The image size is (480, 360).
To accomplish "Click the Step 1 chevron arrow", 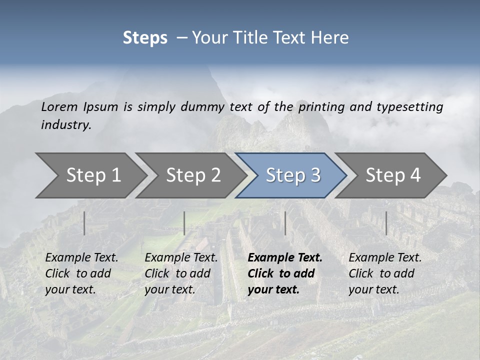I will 93,175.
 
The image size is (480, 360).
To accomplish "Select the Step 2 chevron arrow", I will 193,175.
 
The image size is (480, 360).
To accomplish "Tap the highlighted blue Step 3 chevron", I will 292,175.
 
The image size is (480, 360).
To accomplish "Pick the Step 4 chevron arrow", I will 392,175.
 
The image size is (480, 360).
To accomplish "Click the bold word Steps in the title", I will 145,38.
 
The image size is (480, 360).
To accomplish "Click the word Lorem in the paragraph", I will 59,106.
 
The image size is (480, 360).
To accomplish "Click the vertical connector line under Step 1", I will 84,223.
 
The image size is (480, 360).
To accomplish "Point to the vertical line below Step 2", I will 184,223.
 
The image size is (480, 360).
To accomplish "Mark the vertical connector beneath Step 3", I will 285,223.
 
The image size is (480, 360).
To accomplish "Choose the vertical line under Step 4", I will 386,223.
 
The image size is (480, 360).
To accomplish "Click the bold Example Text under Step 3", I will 285,258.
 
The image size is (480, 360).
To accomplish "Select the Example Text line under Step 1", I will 81,258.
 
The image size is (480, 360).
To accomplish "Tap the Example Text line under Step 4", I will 385,258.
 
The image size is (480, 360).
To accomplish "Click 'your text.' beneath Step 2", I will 170,289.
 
